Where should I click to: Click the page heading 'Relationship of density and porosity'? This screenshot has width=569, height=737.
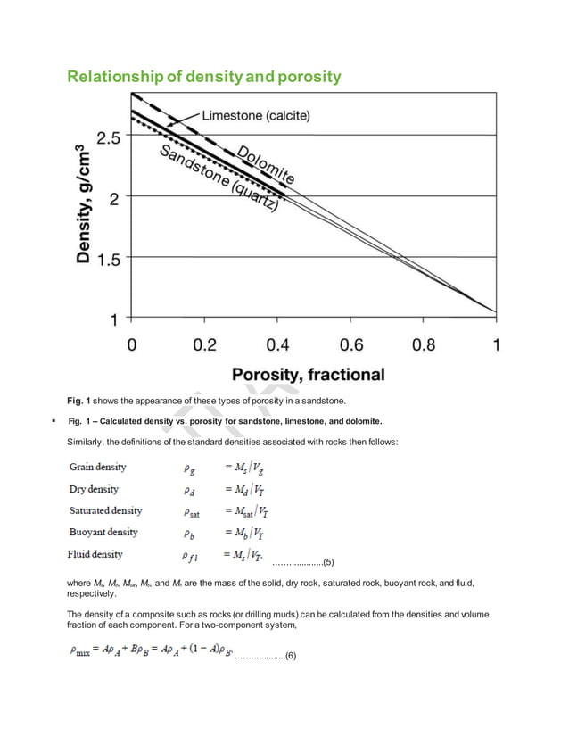point(204,77)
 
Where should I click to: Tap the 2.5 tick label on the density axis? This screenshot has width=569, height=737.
point(111,138)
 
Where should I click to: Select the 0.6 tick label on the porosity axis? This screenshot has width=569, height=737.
point(351,344)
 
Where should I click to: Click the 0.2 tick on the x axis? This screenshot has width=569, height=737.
point(205,344)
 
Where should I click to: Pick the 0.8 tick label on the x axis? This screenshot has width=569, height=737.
point(425,344)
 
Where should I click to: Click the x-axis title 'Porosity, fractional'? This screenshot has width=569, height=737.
point(308,374)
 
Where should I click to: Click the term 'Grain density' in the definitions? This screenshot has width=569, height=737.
point(97,467)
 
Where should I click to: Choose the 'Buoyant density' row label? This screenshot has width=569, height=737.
point(103,532)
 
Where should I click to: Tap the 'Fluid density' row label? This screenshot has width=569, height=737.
point(96,554)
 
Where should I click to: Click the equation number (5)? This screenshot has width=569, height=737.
point(327,562)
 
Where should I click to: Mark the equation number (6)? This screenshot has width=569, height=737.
point(290,656)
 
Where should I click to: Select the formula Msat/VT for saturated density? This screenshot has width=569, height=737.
point(242,511)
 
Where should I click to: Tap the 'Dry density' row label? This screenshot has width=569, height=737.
point(94,489)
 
